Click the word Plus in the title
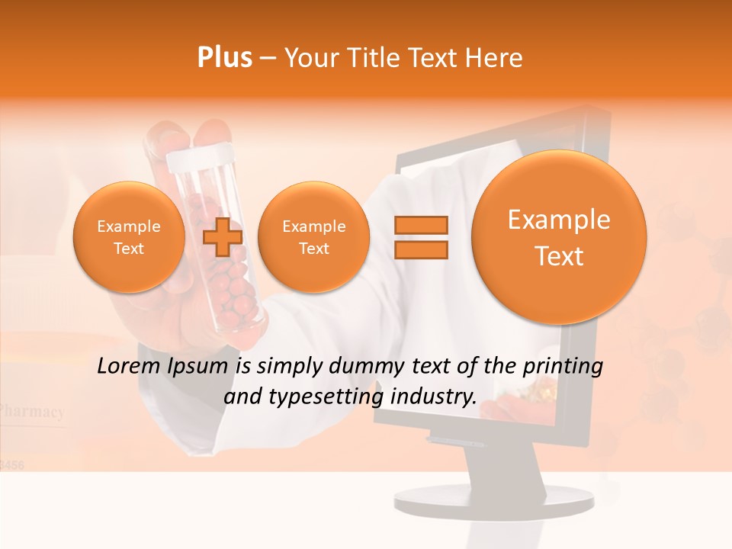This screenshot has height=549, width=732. pyautogui.click(x=225, y=58)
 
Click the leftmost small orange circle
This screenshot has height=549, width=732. pyautogui.click(x=128, y=237)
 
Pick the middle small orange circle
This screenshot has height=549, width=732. pyautogui.click(x=313, y=237)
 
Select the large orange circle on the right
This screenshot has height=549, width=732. pyautogui.click(x=559, y=237)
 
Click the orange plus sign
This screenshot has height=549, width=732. pyautogui.click(x=223, y=237)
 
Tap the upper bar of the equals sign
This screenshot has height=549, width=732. pyautogui.click(x=421, y=225)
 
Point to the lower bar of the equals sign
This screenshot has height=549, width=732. pyautogui.click(x=421, y=250)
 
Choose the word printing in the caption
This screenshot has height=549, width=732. pyautogui.click(x=564, y=366)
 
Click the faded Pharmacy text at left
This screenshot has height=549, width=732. pyautogui.click(x=32, y=412)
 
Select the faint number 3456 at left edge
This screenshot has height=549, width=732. pyautogui.click(x=11, y=464)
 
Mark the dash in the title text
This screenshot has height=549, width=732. pyautogui.click(x=268, y=59)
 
